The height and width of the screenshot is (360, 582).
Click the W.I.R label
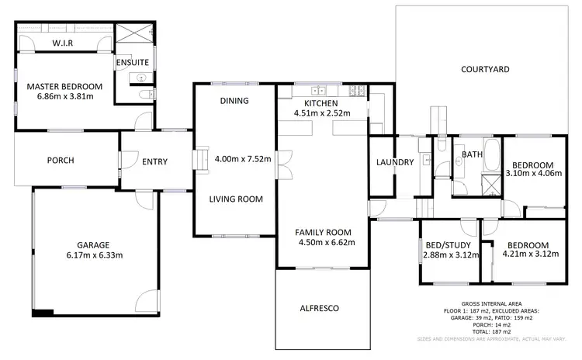coord(62,43)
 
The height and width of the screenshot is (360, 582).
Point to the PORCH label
coord(60,161)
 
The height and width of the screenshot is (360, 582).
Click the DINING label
coord(234,101)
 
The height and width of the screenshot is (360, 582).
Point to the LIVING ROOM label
coord(236,199)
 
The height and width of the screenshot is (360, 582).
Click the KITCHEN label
coord(321,103)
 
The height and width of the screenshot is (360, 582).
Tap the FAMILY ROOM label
coord(324,232)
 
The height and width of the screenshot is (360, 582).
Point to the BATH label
coord(473,154)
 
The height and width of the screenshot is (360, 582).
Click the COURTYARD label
coord(485,69)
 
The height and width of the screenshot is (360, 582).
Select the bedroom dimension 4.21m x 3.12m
coord(531,254)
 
